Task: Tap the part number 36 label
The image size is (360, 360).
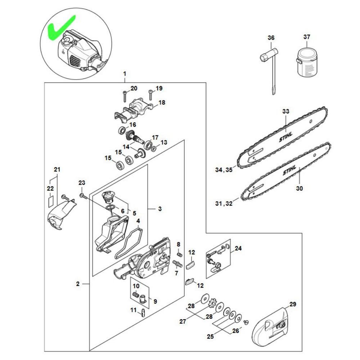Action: [x=271, y=38]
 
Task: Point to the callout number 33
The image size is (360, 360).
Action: [x=285, y=112]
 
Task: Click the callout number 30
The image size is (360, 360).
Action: [x=300, y=188]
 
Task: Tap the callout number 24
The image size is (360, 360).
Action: [x=238, y=248]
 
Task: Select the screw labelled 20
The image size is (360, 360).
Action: [x=124, y=96]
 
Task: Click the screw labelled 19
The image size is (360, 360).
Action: [x=150, y=95]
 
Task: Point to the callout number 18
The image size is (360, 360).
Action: [x=162, y=103]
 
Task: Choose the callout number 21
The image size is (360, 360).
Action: [x=57, y=169]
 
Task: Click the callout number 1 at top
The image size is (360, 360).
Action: [x=125, y=74]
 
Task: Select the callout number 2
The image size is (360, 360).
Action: [x=78, y=284]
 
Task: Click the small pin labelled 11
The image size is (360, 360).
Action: [x=144, y=312]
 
